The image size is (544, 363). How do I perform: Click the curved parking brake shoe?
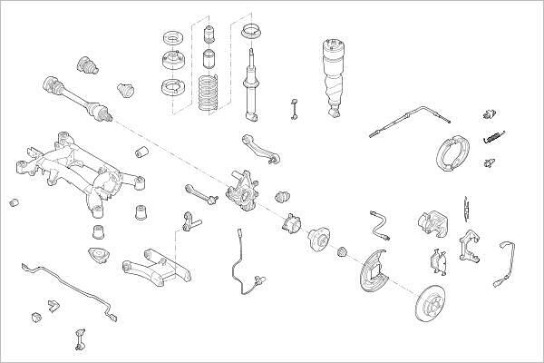point(444,153)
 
